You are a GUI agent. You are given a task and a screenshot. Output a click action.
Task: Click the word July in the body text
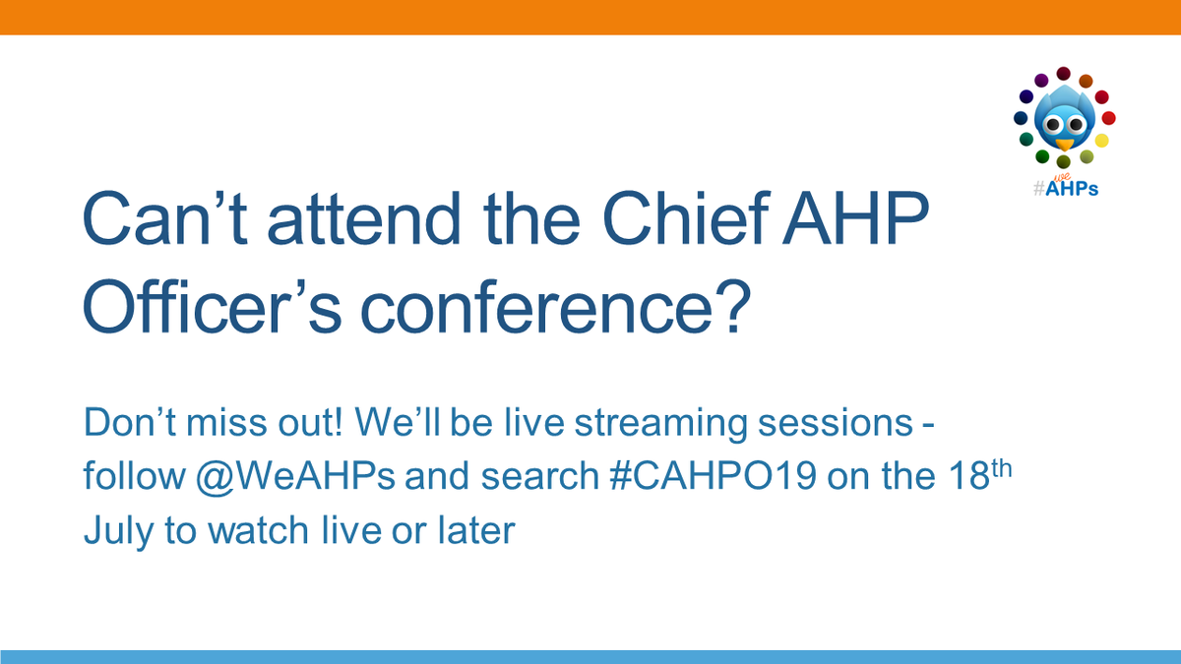(x=113, y=531)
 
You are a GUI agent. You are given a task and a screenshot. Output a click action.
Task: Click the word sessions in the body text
(x=845, y=425)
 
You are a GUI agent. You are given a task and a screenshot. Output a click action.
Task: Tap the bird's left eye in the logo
(x=1053, y=125)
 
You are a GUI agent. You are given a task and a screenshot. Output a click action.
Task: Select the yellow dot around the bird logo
(x=1102, y=141)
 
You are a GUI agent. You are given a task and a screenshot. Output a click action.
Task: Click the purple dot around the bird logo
(x=1040, y=79)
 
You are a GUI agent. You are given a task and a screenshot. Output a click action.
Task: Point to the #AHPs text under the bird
(x=1065, y=188)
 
